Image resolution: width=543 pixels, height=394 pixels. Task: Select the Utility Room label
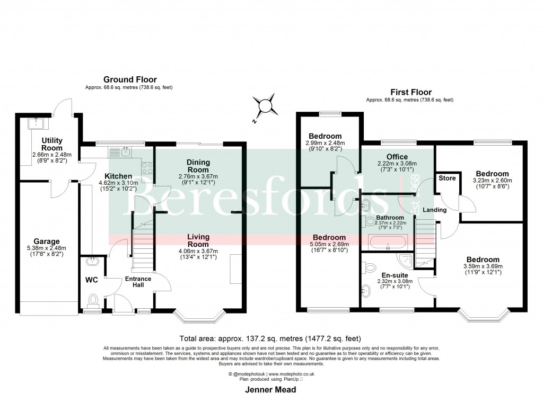[x=52, y=144]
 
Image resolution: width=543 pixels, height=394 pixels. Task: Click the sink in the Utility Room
[x=37, y=124]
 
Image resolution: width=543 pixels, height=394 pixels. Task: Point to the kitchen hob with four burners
[x=147, y=168]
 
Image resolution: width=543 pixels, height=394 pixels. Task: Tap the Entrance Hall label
[x=138, y=282]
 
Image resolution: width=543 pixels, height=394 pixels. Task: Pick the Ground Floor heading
[x=122, y=79]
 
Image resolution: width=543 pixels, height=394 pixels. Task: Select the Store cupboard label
[x=447, y=178]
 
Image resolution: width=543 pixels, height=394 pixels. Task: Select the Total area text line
[x=271, y=338]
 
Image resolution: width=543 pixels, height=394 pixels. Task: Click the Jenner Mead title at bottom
[x=271, y=389]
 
